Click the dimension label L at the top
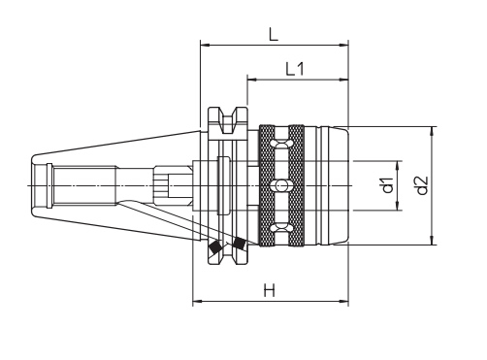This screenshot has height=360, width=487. coord(274,34)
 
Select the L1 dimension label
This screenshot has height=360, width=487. coord(295,69)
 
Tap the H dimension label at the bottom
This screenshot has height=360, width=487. coord(269,290)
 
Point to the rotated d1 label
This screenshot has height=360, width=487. coord(387,185)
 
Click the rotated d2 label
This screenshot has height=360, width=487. coord(422,185)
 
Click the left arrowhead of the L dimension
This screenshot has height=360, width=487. coord(206,45)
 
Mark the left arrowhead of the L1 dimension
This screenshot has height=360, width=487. coord(252,80)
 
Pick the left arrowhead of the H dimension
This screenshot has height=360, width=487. coord(198,302)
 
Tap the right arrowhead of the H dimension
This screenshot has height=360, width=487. coord(343,302)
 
